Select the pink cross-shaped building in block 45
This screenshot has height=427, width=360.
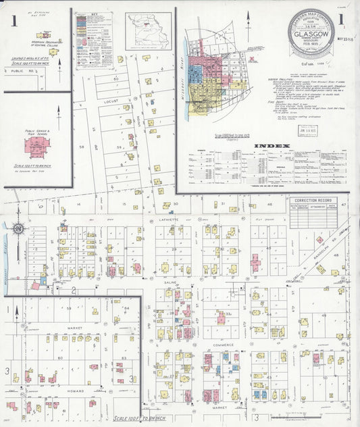pyautogui.click(x=255, y=262)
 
